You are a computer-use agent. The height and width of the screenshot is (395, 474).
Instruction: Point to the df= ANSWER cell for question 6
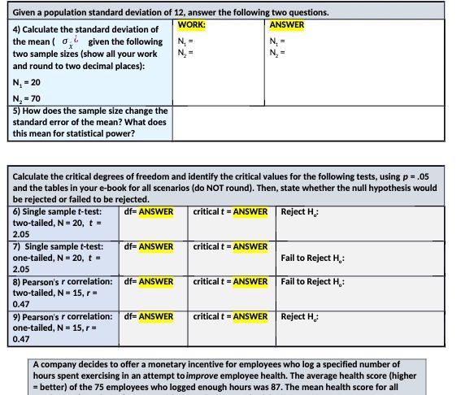point(149,212)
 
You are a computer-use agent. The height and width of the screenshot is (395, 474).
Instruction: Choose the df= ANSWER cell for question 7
point(149,246)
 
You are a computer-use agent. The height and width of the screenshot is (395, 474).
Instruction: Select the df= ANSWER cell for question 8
point(149,282)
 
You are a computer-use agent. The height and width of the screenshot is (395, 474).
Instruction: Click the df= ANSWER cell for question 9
point(149,316)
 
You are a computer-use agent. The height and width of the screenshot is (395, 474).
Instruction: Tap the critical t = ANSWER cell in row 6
point(231,212)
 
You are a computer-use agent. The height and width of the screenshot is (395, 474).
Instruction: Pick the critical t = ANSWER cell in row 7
point(231,246)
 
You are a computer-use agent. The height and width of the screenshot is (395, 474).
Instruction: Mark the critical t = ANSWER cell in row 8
point(231,282)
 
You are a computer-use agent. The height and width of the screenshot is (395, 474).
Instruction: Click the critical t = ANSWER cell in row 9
point(231,316)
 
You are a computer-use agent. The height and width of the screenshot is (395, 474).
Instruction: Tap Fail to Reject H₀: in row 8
point(313,282)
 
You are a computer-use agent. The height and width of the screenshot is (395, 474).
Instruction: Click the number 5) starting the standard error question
point(17,110)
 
